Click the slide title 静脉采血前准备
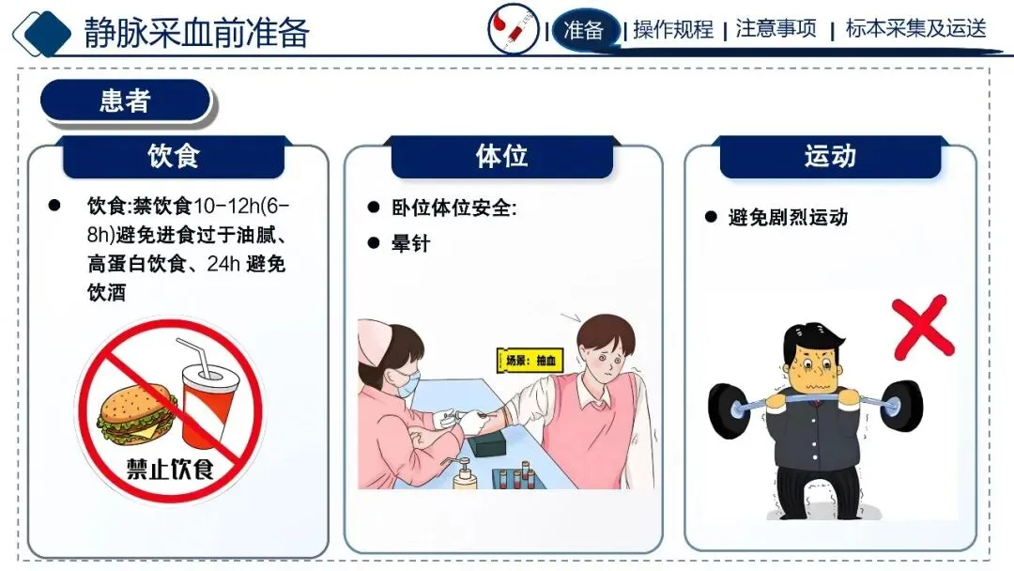pyautogui.click(x=196, y=32)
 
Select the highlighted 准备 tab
pyautogui.click(x=583, y=30)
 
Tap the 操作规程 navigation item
pyautogui.click(x=673, y=30)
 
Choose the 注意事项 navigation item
pyautogui.click(x=776, y=29)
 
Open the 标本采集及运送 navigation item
pyautogui.click(x=916, y=29)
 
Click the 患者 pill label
pyautogui.click(x=126, y=100)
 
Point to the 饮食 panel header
pyautogui.click(x=174, y=157)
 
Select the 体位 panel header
pyautogui.click(x=501, y=157)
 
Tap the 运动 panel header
pyautogui.click(x=830, y=157)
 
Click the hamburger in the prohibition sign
pyautogui.click(x=137, y=414)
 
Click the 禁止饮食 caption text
pyautogui.click(x=170, y=469)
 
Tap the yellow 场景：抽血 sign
pyautogui.click(x=530, y=361)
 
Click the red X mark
pyautogui.click(x=923, y=327)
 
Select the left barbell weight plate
pyautogui.click(x=730, y=411)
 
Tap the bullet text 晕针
pyautogui.click(x=410, y=244)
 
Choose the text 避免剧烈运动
pyautogui.click(x=788, y=218)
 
